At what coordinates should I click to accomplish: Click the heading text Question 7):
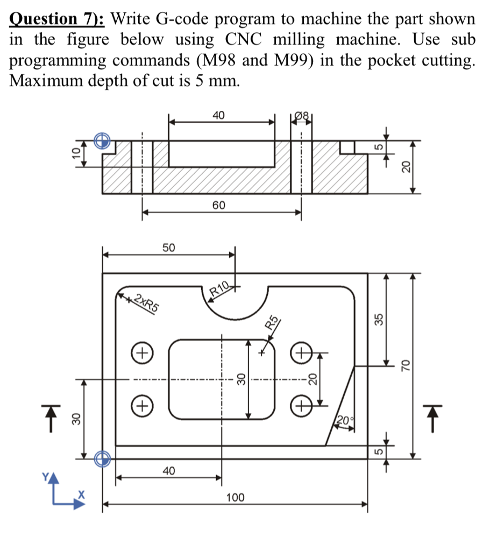coord(58,20)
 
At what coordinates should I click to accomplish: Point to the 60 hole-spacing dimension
coord(219,206)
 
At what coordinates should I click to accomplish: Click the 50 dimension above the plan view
coord(169,247)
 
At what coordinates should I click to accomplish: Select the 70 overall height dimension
coord(406,365)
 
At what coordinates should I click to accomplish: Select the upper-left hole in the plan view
coord(141,354)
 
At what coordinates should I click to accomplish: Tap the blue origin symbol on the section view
coord(102,141)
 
